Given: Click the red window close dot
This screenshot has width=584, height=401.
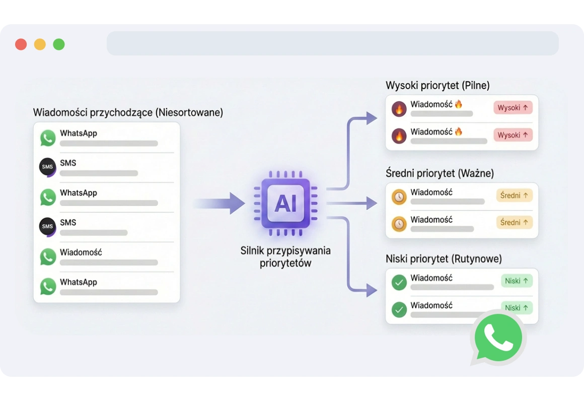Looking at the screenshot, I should click(21, 44).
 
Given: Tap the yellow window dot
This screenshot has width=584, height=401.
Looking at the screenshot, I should click(40, 44).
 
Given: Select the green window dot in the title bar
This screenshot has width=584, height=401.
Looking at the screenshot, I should click(59, 44).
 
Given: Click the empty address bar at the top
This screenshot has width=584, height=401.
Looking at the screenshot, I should click(332, 43).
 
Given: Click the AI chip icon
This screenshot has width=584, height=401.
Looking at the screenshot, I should click(285, 204).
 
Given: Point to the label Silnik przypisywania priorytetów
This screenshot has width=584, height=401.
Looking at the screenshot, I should click(285, 256).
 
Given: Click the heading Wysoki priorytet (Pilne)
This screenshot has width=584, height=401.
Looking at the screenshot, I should click(437, 85).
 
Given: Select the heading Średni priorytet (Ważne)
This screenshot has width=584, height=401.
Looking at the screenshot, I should click(440, 173).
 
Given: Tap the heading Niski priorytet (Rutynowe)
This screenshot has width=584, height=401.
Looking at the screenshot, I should click(444, 259).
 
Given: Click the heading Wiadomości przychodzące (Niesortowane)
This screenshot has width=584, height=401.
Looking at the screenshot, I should click(128, 112).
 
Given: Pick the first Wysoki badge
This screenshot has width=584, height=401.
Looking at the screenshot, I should click(513, 108).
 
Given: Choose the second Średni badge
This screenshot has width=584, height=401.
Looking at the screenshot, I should click(514, 222).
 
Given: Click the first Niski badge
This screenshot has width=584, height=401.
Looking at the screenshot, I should click(516, 281).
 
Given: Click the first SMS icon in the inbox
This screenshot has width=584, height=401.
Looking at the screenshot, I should click(47, 167).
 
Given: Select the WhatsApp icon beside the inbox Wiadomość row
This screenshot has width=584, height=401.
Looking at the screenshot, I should click(48, 257).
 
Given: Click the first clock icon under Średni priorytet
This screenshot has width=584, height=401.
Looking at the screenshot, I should click(399, 196).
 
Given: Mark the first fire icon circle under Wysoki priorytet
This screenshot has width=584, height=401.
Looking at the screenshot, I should click(399, 109).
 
